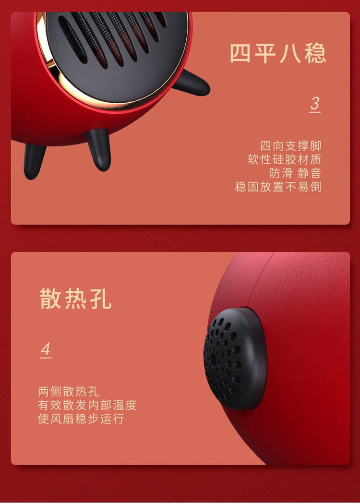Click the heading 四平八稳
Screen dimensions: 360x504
278,53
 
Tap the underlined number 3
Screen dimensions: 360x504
315,104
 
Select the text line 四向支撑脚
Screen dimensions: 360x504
290,146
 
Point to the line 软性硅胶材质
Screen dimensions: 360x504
285,159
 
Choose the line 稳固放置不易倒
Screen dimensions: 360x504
278,187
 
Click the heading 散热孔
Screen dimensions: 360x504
75,299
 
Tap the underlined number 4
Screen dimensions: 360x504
46,350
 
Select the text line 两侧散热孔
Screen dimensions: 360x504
68,392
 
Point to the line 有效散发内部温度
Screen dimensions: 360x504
87,405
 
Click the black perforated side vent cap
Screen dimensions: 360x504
235,359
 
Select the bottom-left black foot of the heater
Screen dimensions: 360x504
35,161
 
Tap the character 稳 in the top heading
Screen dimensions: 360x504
315,53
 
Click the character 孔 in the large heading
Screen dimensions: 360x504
101,299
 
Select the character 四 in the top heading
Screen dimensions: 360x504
241,53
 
